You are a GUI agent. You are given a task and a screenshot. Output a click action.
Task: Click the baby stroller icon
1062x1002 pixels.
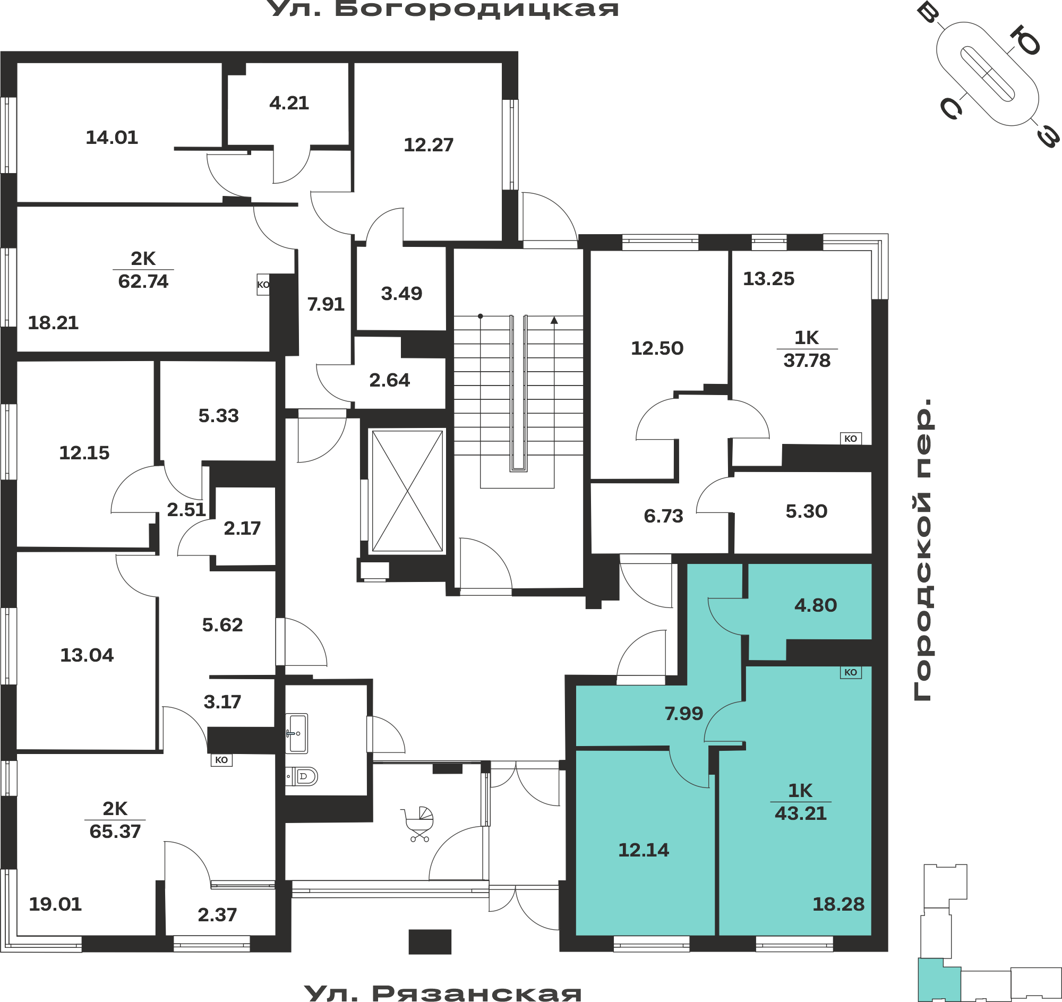(418, 824)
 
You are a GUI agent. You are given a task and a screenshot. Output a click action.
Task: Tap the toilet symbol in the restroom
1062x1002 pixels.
(302, 776)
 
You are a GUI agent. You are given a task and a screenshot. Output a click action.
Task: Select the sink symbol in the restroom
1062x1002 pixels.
(296, 733)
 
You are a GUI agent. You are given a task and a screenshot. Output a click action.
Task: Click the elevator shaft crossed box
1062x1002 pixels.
(407, 491)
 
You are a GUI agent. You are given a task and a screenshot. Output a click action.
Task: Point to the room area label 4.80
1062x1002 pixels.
(815, 605)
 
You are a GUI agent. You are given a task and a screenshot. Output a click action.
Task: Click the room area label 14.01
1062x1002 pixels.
(112, 138)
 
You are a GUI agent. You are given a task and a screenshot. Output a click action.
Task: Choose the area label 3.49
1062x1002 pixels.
(401, 293)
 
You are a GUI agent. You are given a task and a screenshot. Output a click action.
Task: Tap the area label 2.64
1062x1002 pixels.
(389, 380)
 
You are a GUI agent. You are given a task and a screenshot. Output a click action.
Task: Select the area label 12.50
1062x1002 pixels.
(657, 348)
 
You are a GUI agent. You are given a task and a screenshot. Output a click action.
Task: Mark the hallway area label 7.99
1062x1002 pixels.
(684, 714)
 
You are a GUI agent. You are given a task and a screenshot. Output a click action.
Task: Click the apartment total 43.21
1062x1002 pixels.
(800, 813)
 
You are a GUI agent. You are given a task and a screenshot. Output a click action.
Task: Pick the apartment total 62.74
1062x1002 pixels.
(143, 281)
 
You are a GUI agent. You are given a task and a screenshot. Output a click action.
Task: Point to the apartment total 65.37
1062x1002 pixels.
(115, 832)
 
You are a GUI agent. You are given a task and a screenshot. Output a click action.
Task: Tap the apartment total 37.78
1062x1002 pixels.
(807, 361)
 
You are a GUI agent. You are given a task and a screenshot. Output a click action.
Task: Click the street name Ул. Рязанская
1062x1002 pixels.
(443, 993)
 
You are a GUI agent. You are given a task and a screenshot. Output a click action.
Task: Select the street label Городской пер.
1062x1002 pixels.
(922, 550)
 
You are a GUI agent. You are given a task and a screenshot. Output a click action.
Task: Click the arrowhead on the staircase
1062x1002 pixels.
(554, 320)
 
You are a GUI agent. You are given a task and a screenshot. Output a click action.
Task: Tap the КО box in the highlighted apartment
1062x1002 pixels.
(851, 672)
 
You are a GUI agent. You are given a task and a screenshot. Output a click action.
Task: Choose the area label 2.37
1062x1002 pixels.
(217, 915)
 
